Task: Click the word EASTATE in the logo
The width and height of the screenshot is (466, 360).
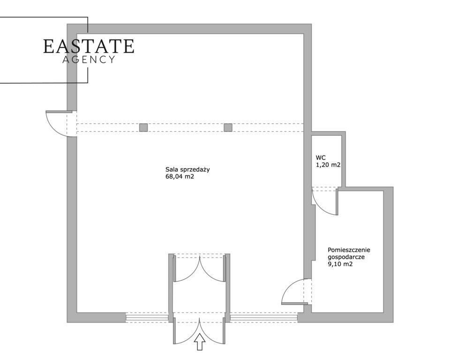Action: pyautogui.click(x=89, y=46)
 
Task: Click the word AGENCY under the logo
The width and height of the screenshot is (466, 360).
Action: pyautogui.click(x=89, y=60)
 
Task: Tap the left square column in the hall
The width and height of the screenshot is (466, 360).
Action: pyautogui.click(x=143, y=127)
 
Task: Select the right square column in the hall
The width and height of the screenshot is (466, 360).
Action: pyautogui.click(x=228, y=127)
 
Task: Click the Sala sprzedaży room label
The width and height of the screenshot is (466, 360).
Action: pyautogui.click(x=188, y=170)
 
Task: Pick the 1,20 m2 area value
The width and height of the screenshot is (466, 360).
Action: pyautogui.click(x=328, y=165)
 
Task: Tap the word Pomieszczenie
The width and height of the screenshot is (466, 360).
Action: pyautogui.click(x=349, y=250)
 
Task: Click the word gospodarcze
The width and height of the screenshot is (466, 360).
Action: pyautogui.click(x=346, y=257)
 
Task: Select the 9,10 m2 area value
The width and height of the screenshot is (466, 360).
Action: pyautogui.click(x=340, y=264)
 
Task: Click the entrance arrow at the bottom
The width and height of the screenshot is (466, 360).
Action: pyautogui.click(x=199, y=342)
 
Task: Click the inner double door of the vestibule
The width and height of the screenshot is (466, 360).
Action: pyautogui.click(x=199, y=268)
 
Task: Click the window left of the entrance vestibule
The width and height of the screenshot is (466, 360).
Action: pyautogui.click(x=147, y=318)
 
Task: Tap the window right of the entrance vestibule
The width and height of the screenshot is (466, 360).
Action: pyautogui.click(x=264, y=318)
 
